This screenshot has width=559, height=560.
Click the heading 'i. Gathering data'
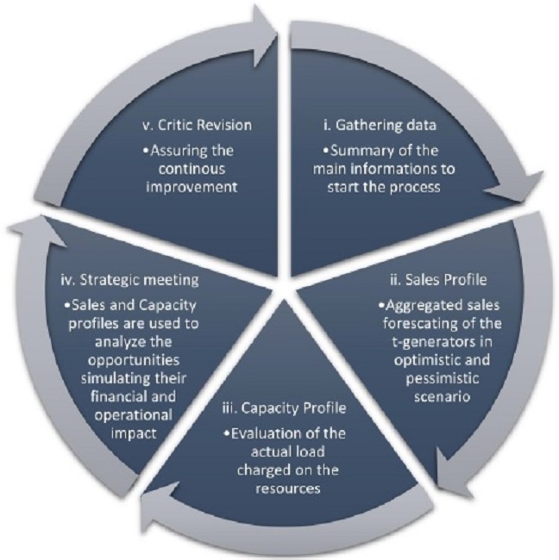click(380, 126)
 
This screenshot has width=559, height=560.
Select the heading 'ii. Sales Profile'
click(438, 280)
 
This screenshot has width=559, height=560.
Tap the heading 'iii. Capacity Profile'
click(285, 408)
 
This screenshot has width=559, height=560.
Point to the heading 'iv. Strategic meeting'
click(129, 280)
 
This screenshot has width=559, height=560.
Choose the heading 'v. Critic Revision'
click(197, 126)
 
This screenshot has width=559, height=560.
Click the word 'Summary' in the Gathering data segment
click(358, 152)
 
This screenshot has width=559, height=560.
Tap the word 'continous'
click(192, 169)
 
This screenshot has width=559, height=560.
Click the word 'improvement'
click(192, 188)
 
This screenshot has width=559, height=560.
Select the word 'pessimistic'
click(442, 378)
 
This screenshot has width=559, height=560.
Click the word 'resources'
click(288, 488)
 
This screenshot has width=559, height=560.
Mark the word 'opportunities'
click(134, 360)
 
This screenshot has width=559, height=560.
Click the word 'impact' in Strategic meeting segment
click(134, 434)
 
